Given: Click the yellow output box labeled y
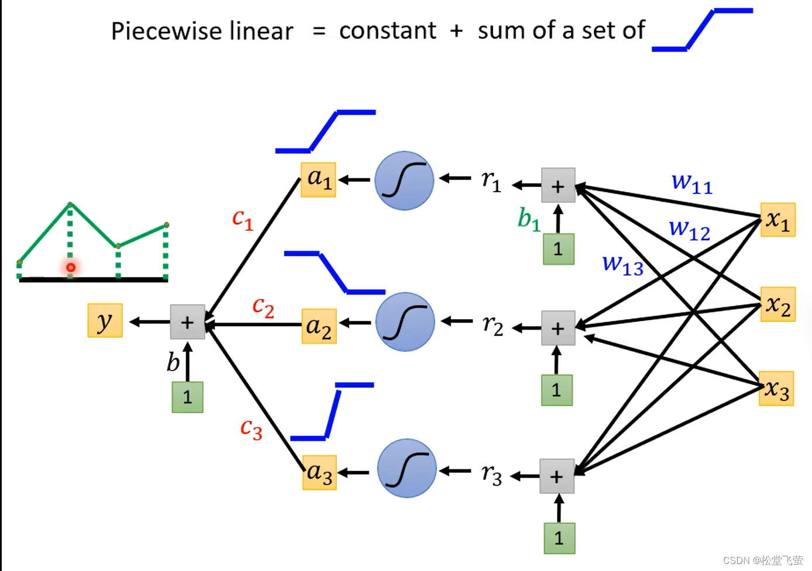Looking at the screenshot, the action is coord(105,320).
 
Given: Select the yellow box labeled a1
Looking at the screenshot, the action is coord(318,179).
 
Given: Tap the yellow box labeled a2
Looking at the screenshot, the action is coord(319,326).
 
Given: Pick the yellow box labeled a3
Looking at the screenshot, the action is coord(319,472).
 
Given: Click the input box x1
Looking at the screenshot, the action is coord(778,220).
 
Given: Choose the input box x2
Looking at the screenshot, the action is coord(778,304).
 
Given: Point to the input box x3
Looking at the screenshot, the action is coord(776,389).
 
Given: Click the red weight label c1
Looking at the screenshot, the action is coord(243,219).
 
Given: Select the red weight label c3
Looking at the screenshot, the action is coord(251,430).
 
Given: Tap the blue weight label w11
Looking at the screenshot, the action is coord(692,184).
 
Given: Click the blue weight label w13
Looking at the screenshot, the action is coord(623,265).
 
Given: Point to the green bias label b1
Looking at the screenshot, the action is coord(529,220).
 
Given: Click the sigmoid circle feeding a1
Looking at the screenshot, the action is coord(404,181).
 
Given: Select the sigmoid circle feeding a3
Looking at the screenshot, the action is coord(407,468).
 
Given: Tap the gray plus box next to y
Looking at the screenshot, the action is coord(187,322).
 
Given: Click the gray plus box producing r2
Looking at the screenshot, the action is coord(558,328).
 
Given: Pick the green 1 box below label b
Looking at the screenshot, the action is coord(187,397).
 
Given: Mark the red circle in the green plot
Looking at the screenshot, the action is coord(71,268).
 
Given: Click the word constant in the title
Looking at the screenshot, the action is coord(387,30).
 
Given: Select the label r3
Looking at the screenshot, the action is coord(492,475).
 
